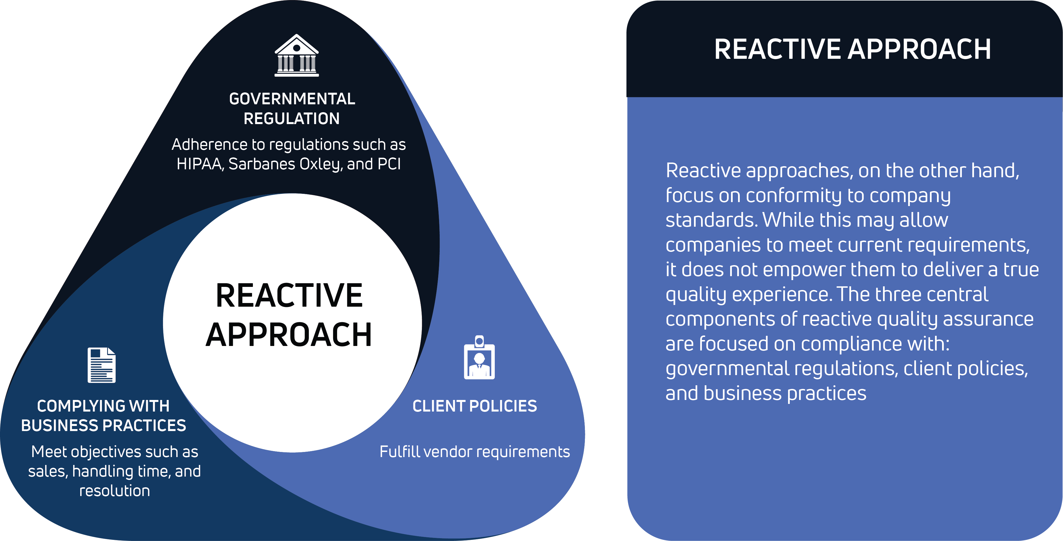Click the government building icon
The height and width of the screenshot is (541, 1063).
(x=297, y=55)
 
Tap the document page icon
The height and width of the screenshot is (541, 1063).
(x=101, y=365)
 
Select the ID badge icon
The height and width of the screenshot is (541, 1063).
(x=479, y=357)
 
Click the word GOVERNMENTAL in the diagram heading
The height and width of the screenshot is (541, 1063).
(x=292, y=99)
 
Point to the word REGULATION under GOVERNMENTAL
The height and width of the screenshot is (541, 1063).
(x=292, y=119)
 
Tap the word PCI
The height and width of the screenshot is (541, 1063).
(x=389, y=164)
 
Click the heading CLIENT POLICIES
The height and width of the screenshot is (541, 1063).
(x=474, y=406)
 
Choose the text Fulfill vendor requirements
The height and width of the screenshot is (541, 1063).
(x=474, y=452)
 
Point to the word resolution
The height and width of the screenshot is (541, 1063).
(x=114, y=491)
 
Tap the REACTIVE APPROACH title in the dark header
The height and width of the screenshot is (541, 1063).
(x=852, y=49)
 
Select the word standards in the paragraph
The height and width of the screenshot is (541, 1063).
(x=711, y=220)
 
